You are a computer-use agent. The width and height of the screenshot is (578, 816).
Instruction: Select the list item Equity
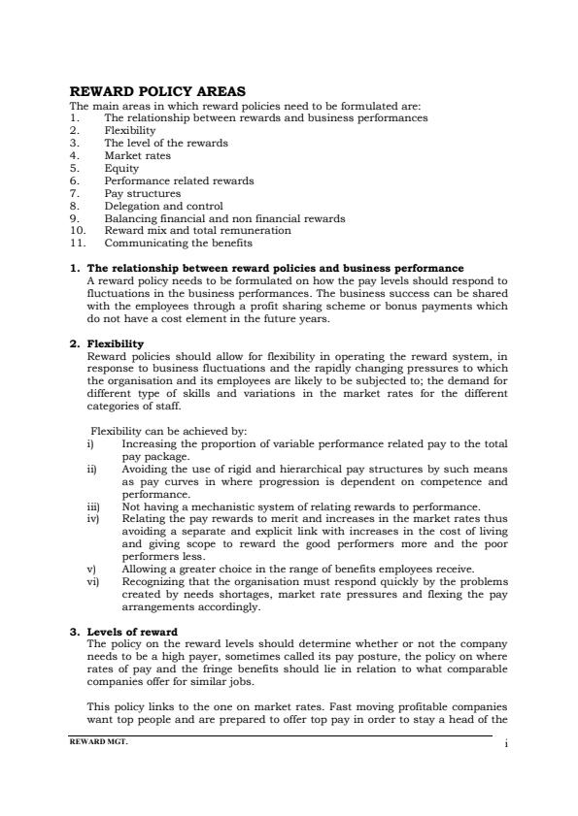[121, 168]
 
